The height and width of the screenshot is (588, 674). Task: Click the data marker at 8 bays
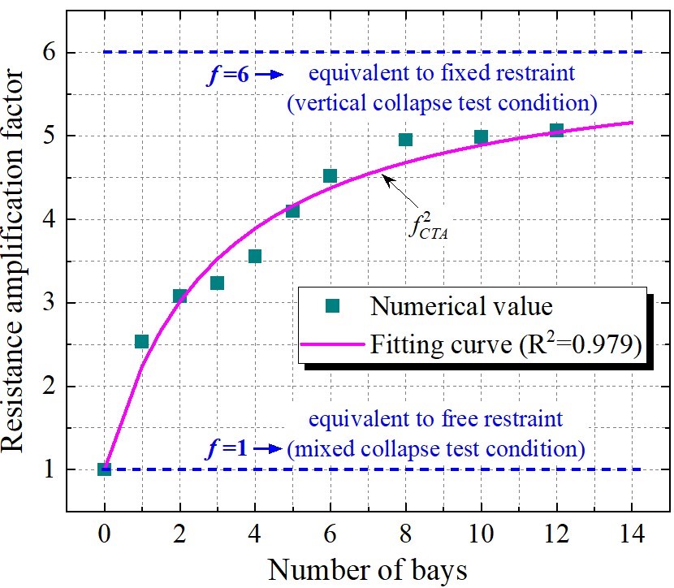click(405, 140)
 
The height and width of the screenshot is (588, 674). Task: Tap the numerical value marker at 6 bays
click(330, 175)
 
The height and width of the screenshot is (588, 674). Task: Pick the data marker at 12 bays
click(556, 130)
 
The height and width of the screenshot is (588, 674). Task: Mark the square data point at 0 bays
click(104, 469)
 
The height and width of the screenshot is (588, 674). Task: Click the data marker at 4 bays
click(254, 257)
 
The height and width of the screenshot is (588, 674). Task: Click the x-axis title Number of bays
click(367, 569)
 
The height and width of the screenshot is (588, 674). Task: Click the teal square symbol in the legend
click(331, 307)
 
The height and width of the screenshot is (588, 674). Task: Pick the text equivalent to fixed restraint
click(442, 74)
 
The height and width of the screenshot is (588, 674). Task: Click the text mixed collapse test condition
click(435, 447)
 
